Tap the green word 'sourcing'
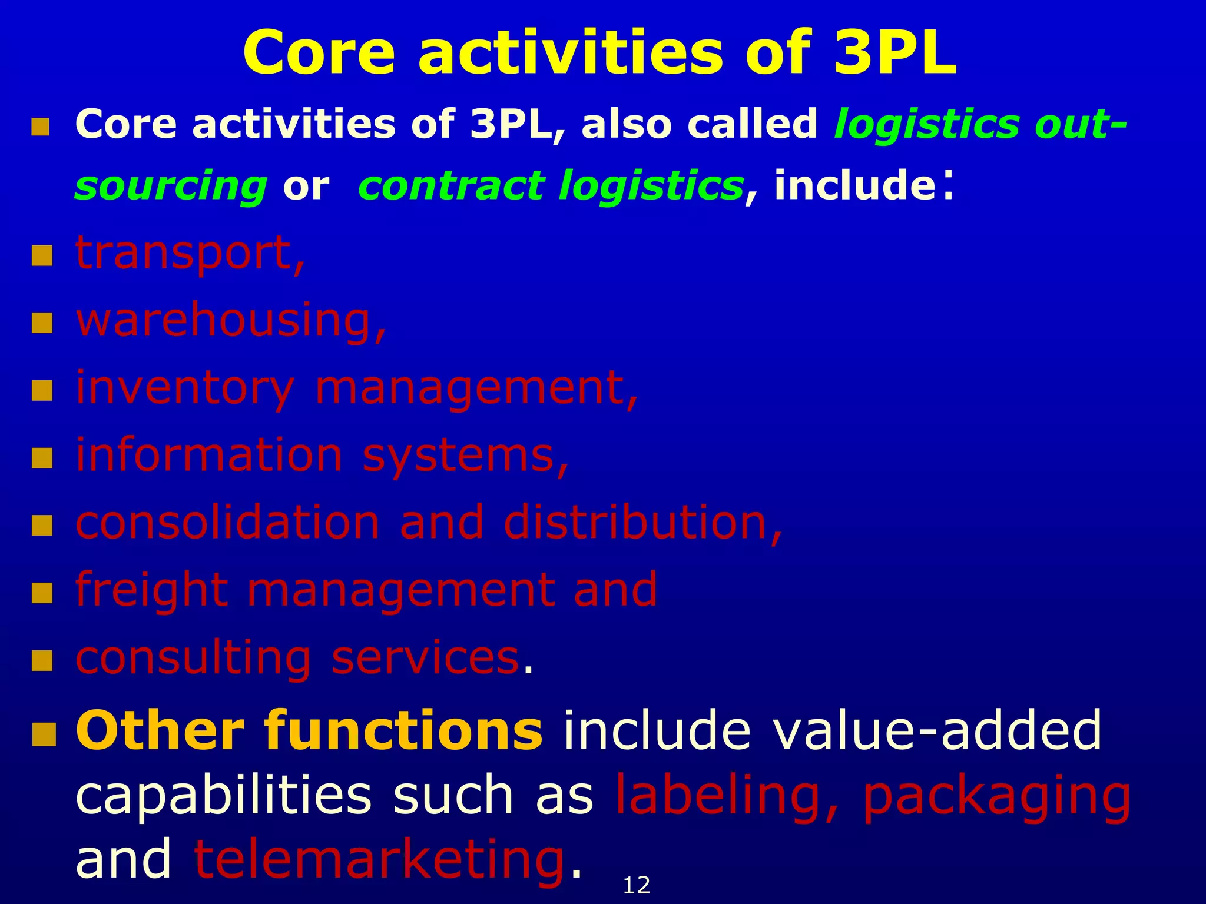tap(171, 186)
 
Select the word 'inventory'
tap(184, 388)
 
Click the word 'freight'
tap(151, 590)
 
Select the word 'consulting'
tap(193, 658)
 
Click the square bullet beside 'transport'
tap(42, 257)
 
